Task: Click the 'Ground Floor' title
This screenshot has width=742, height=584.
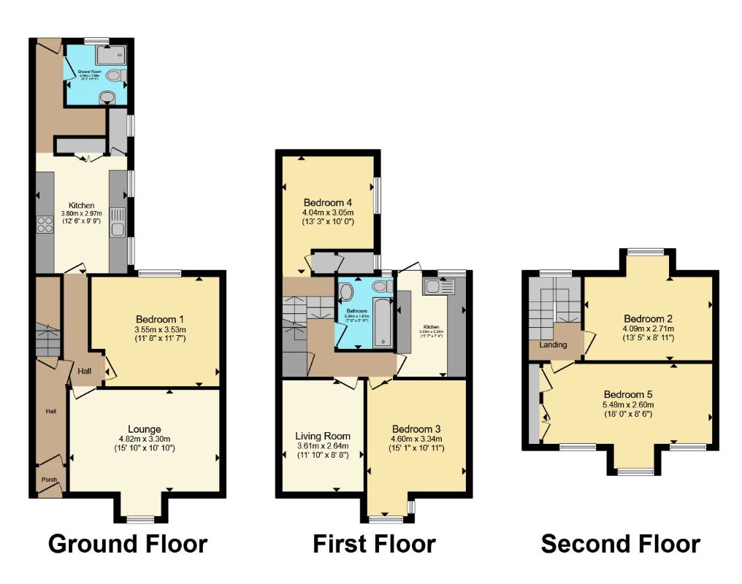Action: pos(128,544)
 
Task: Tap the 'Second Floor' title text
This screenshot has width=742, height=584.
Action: pos(620,544)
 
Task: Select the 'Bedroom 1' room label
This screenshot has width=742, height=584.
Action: pos(159,319)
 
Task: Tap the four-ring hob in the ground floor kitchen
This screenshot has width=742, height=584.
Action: pos(43,225)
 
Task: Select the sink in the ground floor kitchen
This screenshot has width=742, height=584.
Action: pos(118,223)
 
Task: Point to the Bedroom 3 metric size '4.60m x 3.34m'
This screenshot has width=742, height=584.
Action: pos(417,439)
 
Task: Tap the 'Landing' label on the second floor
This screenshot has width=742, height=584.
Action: pos(553,344)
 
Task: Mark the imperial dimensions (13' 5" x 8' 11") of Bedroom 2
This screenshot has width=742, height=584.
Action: pos(648,339)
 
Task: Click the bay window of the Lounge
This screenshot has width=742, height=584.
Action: pos(139,519)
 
